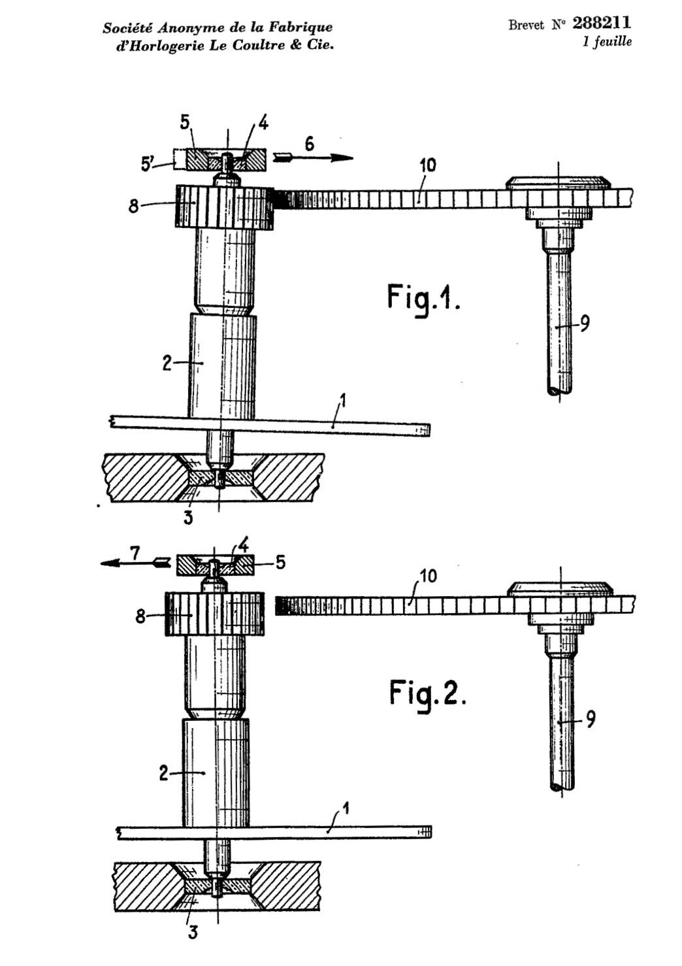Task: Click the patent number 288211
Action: tap(602, 22)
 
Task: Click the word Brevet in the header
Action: tap(526, 25)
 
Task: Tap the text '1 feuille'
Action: tap(607, 42)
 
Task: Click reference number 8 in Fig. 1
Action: tap(134, 206)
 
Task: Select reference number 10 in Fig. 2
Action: tap(427, 576)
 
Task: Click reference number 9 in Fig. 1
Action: tap(585, 324)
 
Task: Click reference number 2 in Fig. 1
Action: tap(167, 363)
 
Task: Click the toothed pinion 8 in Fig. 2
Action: tap(214, 614)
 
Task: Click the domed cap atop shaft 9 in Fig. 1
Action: tap(559, 182)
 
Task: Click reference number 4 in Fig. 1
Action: tap(263, 124)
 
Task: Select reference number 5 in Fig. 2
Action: tap(280, 562)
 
